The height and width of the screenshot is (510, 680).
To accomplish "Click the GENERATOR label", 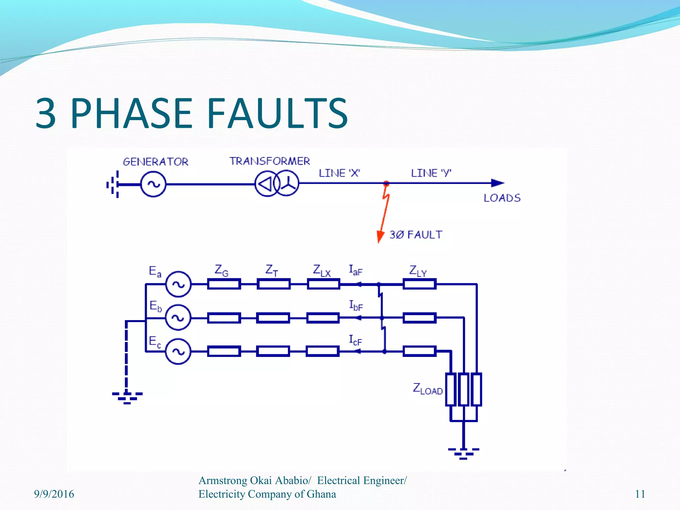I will (x=155, y=162).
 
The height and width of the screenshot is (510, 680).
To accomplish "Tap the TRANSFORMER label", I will (x=270, y=161).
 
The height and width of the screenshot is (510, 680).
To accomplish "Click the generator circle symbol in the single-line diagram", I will (x=153, y=184).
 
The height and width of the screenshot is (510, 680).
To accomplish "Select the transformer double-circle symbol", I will (x=277, y=183).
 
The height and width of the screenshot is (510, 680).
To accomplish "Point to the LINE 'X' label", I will (x=339, y=173).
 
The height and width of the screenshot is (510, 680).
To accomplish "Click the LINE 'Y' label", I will (x=431, y=173).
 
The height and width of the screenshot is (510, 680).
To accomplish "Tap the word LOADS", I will (x=502, y=198).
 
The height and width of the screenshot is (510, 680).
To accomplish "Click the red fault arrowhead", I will (x=380, y=236).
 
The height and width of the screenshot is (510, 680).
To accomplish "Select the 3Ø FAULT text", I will (x=416, y=235).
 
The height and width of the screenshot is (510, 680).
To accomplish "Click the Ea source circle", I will (x=178, y=284).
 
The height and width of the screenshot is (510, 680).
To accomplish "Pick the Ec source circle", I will (x=178, y=351).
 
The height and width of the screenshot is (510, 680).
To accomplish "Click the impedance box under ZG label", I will (x=224, y=284).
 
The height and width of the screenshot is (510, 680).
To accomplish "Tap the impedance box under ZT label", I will (x=273, y=284).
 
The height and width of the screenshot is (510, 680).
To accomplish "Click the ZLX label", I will (x=321, y=271).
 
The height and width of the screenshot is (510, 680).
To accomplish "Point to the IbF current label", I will (x=356, y=305).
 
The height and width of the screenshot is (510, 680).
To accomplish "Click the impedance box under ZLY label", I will (x=419, y=284).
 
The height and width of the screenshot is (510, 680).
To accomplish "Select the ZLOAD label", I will (x=427, y=389).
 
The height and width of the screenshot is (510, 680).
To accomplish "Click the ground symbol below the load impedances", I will (x=463, y=453).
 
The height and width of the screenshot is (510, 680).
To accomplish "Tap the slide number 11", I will (x=640, y=494).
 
